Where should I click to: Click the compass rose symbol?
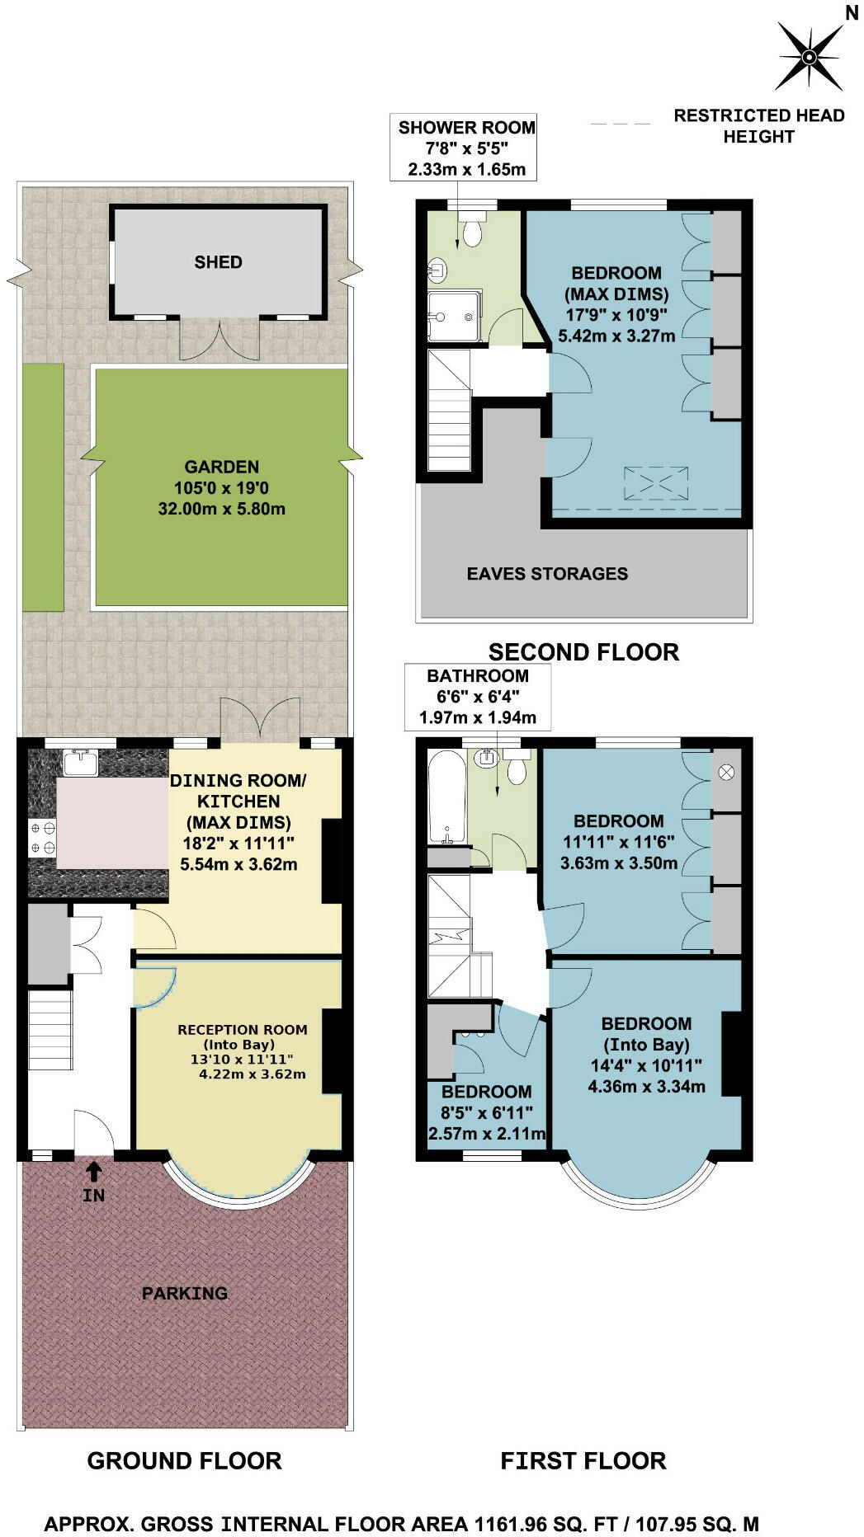click(x=809, y=56)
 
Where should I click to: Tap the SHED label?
click(x=218, y=262)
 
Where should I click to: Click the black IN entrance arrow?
click(x=94, y=1170)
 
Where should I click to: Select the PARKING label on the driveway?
click(x=185, y=1293)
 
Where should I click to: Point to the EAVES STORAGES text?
click(x=547, y=574)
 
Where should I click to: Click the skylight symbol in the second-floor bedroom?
click(x=655, y=483)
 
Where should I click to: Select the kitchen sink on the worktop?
click(x=80, y=763)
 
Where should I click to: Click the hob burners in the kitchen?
click(x=43, y=837)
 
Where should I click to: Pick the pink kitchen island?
click(x=113, y=823)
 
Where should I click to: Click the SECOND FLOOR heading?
click(x=583, y=652)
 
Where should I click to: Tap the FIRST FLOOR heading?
click(x=583, y=1460)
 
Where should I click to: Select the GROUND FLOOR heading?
click(x=185, y=1460)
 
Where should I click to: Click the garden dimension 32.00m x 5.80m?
click(x=222, y=509)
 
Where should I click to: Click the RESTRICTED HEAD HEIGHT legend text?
click(x=759, y=126)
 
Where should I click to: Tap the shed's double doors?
click(x=220, y=339)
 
